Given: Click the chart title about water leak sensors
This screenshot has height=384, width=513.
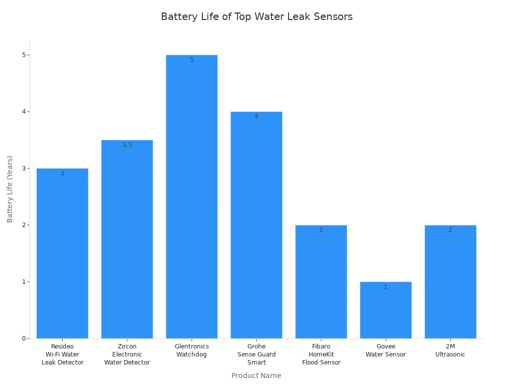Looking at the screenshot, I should (256, 16).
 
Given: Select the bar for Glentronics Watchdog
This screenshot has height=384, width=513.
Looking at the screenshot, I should (192, 200).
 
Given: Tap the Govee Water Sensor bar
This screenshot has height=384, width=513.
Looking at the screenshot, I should (386, 312).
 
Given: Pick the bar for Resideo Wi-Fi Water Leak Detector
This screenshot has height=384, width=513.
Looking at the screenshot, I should (63, 255).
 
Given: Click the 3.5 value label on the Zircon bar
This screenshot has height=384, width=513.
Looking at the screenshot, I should (127, 145).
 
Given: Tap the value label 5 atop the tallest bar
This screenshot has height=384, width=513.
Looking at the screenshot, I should (192, 60).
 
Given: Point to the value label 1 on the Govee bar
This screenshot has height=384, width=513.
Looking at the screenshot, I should (386, 287).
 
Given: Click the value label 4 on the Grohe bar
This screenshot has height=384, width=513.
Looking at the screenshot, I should (256, 116).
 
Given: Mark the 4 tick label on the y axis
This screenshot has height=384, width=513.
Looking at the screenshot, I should (23, 111).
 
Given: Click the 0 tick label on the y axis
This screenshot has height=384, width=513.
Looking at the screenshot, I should (23, 338).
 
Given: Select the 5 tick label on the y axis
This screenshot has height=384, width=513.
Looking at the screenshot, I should (23, 55).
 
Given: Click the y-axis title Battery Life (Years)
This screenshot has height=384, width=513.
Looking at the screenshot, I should (10, 189).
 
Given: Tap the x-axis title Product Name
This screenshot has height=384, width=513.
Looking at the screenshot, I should (256, 375).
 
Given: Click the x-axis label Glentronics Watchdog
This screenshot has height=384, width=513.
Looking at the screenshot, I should (192, 350).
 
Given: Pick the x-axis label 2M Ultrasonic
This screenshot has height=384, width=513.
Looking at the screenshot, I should (450, 350).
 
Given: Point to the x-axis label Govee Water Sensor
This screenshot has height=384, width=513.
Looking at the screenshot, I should (386, 350).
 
